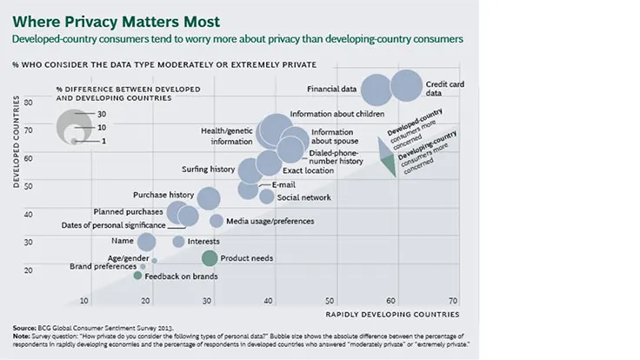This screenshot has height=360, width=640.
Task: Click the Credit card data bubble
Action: point(405,87)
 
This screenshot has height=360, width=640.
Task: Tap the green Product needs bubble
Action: point(209,257)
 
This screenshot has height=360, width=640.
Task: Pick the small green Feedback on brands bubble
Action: point(137,276)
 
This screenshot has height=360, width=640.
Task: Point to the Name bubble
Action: point(146,242)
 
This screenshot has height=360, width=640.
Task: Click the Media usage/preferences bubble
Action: point(217,221)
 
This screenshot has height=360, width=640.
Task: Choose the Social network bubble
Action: point(267,197)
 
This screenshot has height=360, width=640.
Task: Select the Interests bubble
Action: point(178,242)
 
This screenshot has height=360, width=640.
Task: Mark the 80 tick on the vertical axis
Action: point(28,102)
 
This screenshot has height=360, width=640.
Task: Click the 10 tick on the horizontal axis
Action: point(85,301)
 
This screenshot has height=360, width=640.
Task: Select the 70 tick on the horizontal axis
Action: point(453,301)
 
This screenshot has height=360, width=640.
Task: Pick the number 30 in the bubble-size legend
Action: point(102,114)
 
